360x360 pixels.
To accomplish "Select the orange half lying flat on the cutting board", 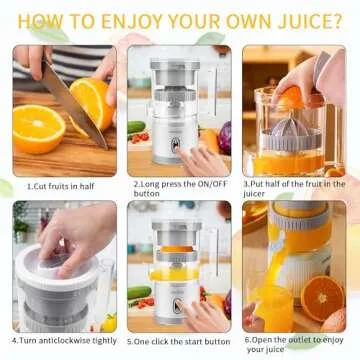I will tap(38, 129).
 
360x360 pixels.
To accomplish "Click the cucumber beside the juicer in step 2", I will tap(138, 129).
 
